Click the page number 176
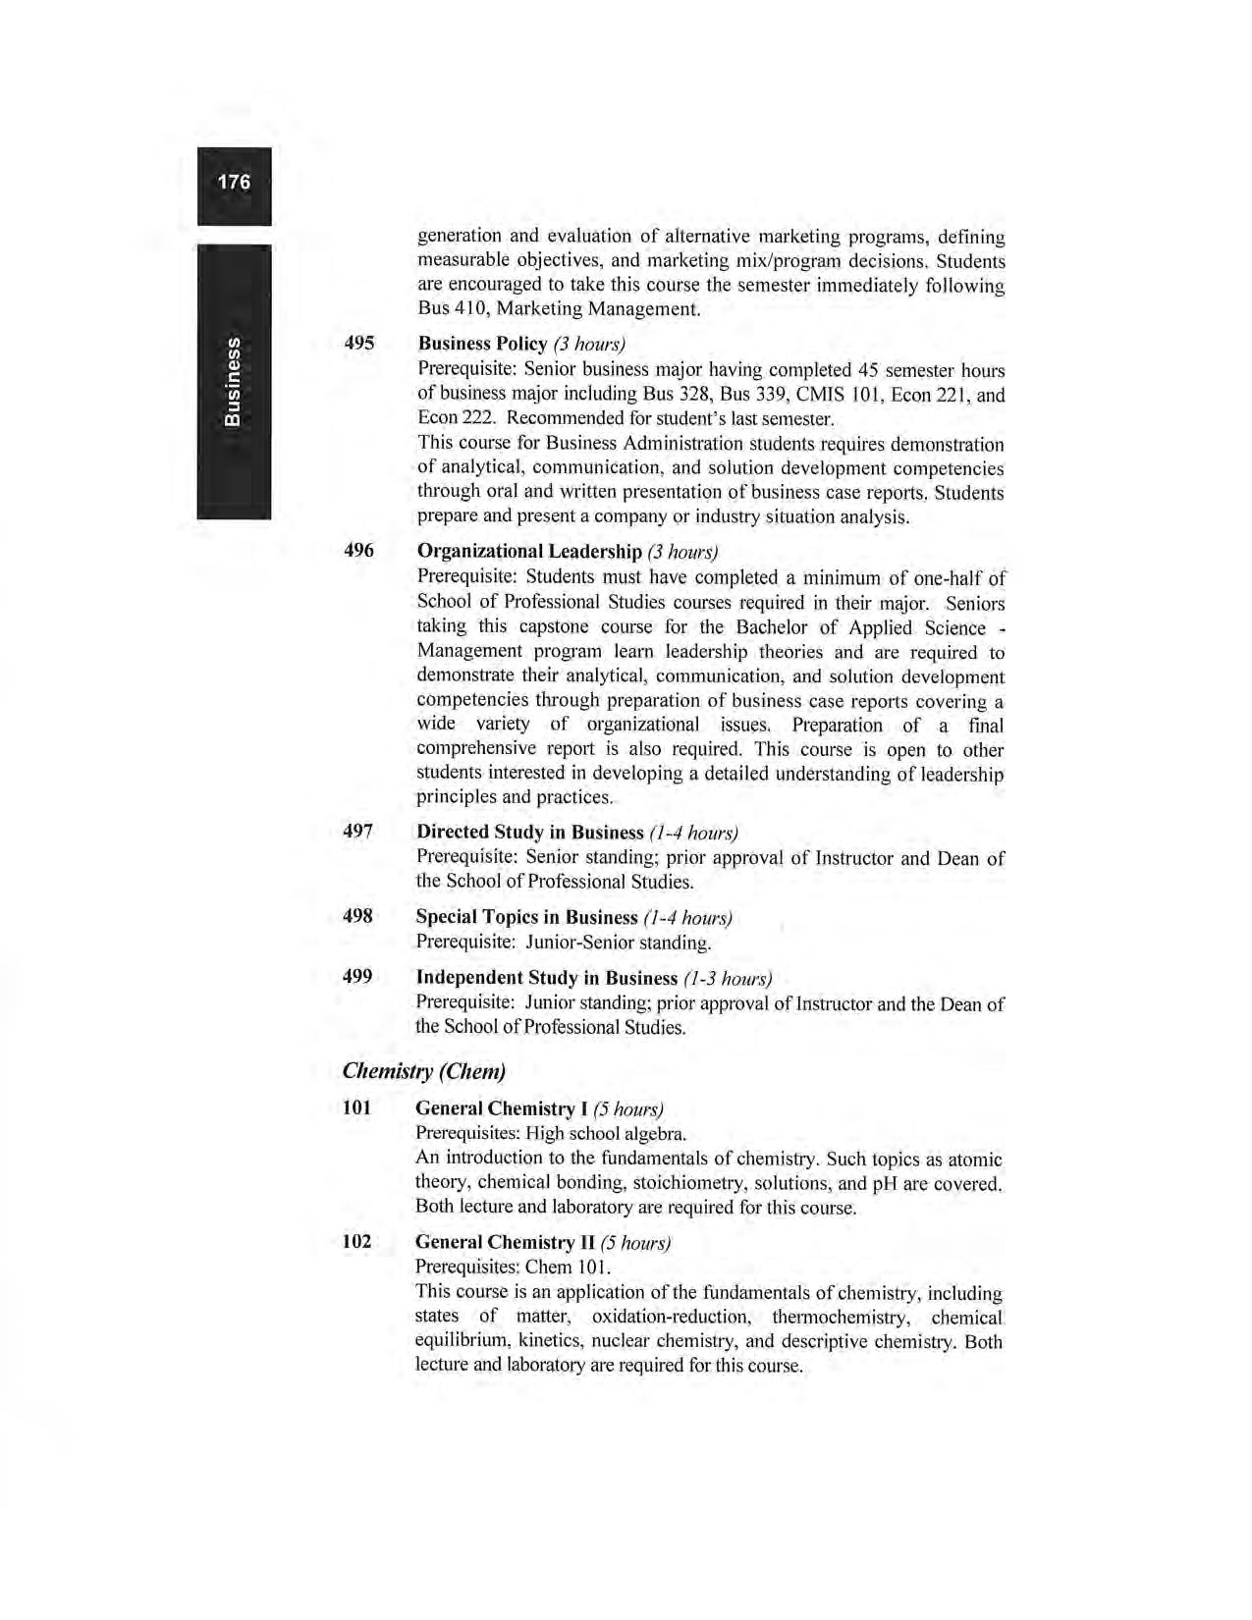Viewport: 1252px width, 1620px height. [x=234, y=183]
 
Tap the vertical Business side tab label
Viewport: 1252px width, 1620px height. [x=233, y=381]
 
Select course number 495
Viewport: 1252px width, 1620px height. [x=358, y=343]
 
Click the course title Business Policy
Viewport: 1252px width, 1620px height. [x=482, y=344]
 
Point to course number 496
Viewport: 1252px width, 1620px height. [x=358, y=550]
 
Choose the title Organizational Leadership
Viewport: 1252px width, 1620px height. [x=529, y=551]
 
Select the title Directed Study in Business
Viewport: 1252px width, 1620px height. [x=529, y=833]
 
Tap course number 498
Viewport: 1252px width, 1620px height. [x=357, y=916]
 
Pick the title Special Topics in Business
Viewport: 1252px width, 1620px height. [x=526, y=917]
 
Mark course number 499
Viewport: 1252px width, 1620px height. [x=357, y=977]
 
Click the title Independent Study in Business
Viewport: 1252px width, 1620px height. [x=546, y=978]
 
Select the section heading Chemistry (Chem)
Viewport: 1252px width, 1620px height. [x=424, y=1070]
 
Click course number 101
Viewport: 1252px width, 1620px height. [x=356, y=1107]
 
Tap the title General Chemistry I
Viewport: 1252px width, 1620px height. [x=501, y=1108]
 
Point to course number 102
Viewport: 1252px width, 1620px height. [x=356, y=1241]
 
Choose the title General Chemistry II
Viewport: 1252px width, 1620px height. [x=504, y=1242]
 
